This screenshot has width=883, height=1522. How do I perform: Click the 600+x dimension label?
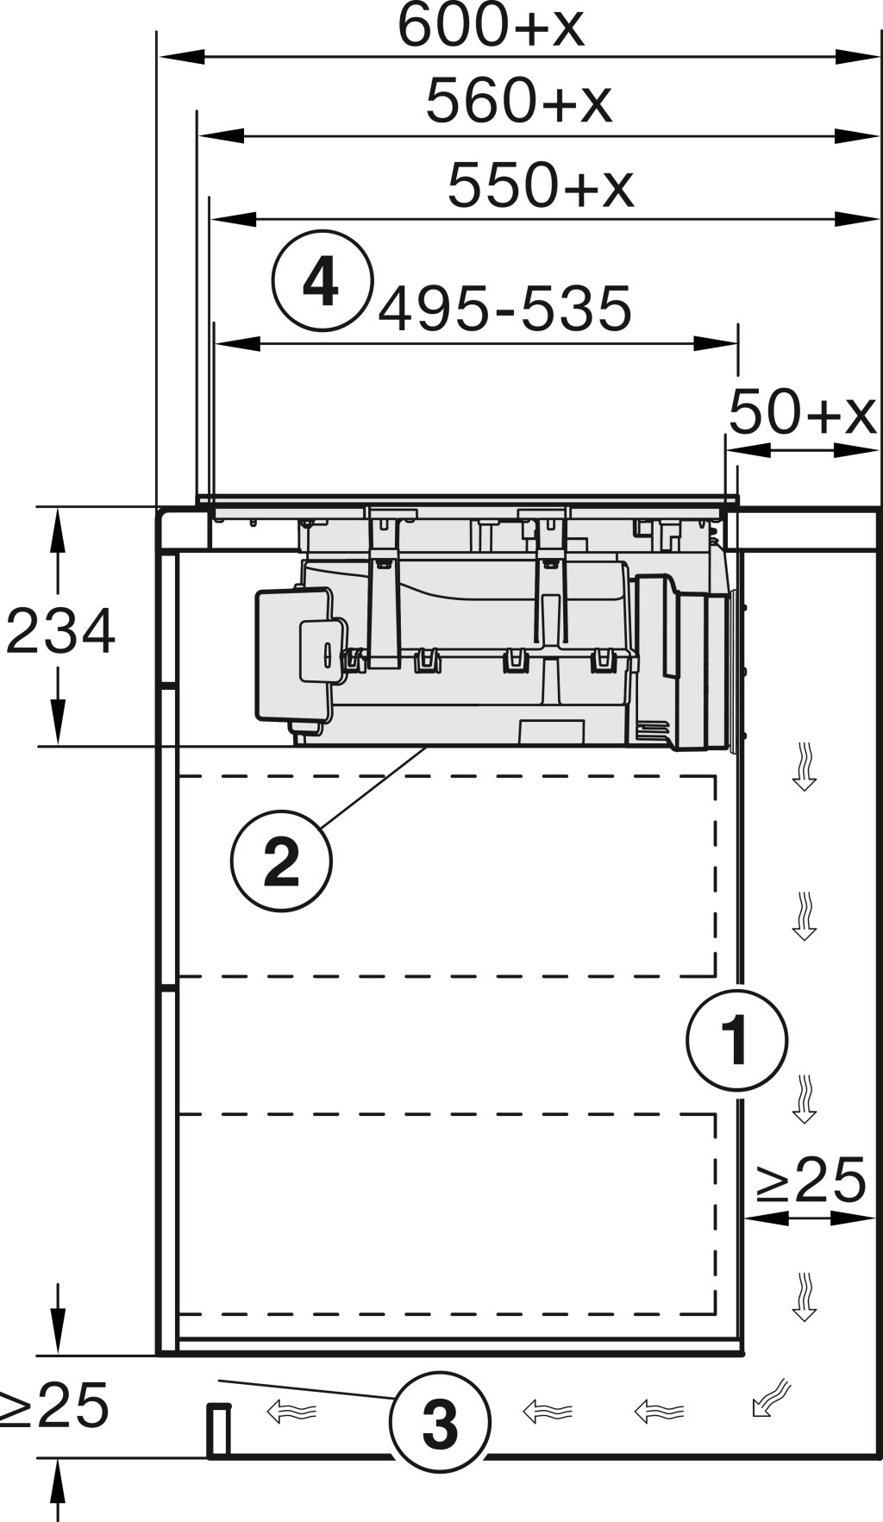(x=491, y=26)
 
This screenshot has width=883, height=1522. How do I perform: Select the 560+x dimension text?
(x=519, y=101)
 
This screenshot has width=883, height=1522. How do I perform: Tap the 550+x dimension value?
(x=541, y=185)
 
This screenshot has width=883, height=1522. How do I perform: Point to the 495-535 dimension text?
(x=505, y=310)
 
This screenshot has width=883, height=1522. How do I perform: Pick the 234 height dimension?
(x=60, y=632)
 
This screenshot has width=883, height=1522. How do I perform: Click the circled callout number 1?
(x=737, y=1040)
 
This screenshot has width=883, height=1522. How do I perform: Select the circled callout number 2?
(x=281, y=861)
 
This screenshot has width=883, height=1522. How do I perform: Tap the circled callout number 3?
(x=440, y=1422)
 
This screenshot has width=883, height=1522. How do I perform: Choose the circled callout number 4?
(x=322, y=281)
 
